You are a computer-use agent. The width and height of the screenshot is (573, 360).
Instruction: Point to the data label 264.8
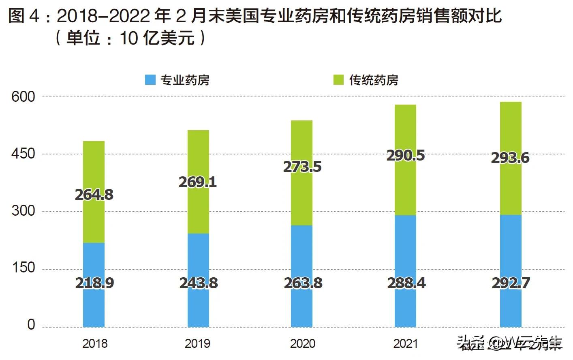pyautogui.click(x=94, y=195)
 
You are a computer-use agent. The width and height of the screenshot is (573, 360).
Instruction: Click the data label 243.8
pyautogui.click(x=199, y=283)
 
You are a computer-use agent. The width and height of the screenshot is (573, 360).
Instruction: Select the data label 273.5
pyautogui.click(x=302, y=167)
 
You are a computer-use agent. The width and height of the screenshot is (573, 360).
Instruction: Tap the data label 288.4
pyautogui.click(x=406, y=283)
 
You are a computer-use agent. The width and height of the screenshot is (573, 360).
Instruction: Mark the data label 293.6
pyautogui.click(x=510, y=158)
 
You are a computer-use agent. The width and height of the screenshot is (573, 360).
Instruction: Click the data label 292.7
pyautogui.click(x=511, y=283)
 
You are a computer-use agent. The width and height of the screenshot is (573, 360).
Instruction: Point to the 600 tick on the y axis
pyautogui.click(x=23, y=97)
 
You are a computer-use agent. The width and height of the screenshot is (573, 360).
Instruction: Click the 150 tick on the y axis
pyautogui.click(x=23, y=268)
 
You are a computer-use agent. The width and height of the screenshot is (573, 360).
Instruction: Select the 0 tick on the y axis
pyautogui.click(x=31, y=325)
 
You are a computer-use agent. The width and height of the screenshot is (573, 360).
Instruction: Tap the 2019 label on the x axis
pyautogui.click(x=197, y=344)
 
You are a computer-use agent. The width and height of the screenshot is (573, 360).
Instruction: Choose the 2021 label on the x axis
pyautogui.click(x=405, y=344)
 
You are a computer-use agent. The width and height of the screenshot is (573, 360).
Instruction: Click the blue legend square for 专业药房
pyautogui.click(x=150, y=80)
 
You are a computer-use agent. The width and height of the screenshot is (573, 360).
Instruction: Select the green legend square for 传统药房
pyautogui.click(x=338, y=80)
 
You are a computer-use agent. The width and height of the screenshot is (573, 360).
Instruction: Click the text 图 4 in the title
pyautogui.click(x=24, y=16)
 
